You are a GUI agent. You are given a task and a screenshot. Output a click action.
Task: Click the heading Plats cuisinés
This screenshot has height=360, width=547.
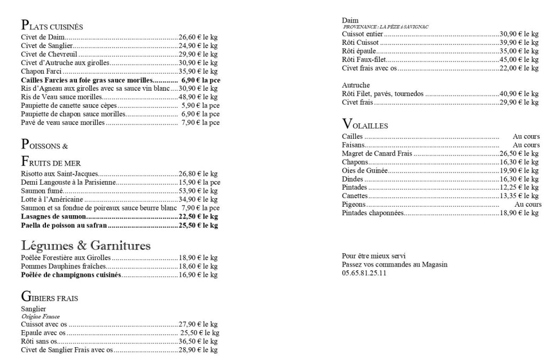click(52, 26)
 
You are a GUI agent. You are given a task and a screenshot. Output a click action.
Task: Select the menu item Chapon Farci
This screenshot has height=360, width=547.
click(42, 72)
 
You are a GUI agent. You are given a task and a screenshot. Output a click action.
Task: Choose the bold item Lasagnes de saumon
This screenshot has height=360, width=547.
click(53, 217)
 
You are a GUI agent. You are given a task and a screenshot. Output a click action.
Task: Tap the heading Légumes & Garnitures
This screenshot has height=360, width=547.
click(85, 246)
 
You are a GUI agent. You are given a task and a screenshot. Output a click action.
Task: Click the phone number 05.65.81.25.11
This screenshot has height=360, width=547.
click(364, 273)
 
